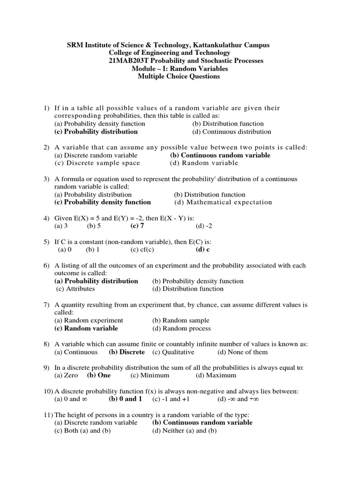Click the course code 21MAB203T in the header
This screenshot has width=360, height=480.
pyautogui.click(x=122, y=61)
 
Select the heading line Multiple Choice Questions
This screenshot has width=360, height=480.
pyautogui.click(x=179, y=76)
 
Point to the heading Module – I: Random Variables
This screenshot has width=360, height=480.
pyautogui.click(x=180, y=69)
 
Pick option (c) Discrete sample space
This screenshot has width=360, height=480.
pyautogui.click(x=97, y=163)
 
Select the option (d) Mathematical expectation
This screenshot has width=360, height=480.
pyautogui.click(x=223, y=202)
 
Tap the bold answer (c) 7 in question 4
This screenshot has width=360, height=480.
pyautogui.click(x=137, y=226)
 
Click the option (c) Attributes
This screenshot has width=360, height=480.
pyautogui.click(x=75, y=289)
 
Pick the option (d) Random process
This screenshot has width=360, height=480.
pyautogui.click(x=181, y=329)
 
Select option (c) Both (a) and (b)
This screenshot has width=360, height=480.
pyautogui.click(x=82, y=431)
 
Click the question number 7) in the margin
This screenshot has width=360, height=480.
pyautogui.click(x=46, y=305)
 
